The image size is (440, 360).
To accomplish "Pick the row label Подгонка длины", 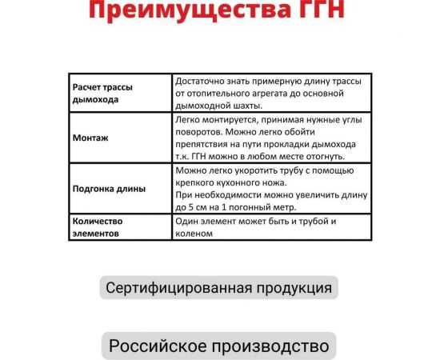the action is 109,189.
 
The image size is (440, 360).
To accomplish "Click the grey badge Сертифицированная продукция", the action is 218,287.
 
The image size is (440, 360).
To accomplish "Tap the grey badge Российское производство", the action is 218,346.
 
